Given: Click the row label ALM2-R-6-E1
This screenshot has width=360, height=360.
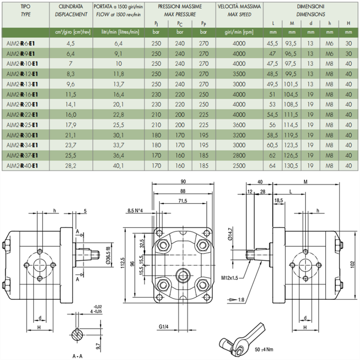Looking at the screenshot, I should click(x=20, y=44).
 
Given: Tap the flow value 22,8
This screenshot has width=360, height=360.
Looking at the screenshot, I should click(x=118, y=115).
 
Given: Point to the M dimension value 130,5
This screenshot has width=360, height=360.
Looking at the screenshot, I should click(x=292, y=165).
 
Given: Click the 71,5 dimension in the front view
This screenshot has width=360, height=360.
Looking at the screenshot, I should click(x=183, y=201).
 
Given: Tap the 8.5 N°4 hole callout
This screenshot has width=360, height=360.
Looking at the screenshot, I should click(x=135, y=211).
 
